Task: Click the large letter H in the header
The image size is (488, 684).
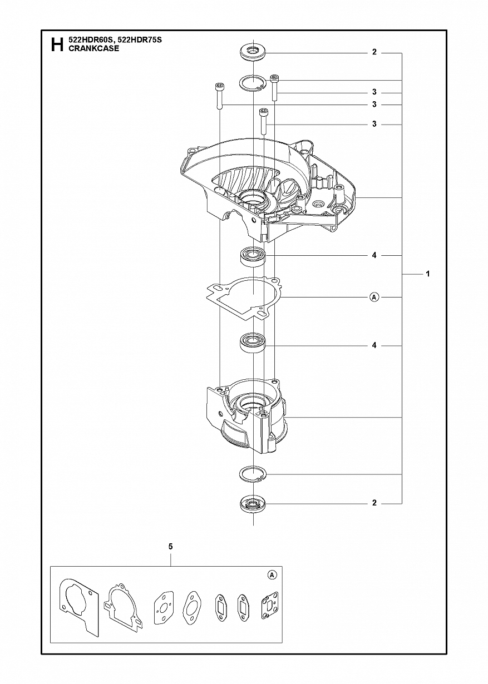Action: (x=57, y=44)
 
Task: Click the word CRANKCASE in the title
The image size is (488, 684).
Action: (x=94, y=48)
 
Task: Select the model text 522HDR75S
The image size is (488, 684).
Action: (x=139, y=40)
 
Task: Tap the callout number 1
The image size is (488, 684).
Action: (x=428, y=274)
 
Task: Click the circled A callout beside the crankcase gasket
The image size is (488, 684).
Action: (x=374, y=297)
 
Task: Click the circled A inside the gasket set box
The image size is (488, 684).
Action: (x=272, y=575)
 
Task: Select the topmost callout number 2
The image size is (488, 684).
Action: (x=374, y=52)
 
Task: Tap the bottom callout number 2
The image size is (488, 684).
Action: (x=374, y=503)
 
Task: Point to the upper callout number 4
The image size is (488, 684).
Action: (x=374, y=255)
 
